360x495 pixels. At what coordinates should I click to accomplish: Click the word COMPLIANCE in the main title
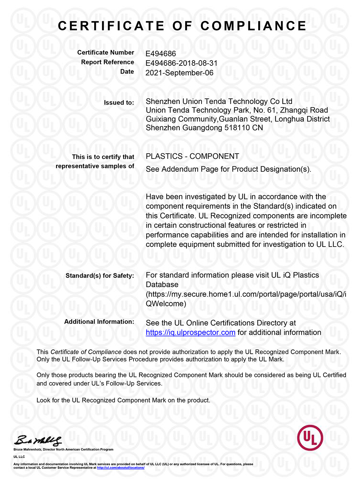click(x=253, y=26)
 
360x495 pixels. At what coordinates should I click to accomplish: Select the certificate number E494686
click(x=161, y=54)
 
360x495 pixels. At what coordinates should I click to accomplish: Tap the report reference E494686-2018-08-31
click(x=181, y=63)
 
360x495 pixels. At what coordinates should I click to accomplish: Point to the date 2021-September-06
click(x=179, y=73)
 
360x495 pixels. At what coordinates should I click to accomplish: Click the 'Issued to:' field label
click(x=119, y=103)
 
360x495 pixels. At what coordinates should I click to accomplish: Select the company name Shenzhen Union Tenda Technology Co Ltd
click(x=219, y=101)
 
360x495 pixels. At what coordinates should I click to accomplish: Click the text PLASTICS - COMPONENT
click(x=192, y=156)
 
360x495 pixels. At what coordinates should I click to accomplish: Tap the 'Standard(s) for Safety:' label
click(x=100, y=276)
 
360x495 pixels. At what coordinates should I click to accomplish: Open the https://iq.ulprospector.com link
click(x=190, y=333)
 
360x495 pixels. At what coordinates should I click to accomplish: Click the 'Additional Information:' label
click(x=99, y=322)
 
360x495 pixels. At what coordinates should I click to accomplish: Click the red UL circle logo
click(x=310, y=437)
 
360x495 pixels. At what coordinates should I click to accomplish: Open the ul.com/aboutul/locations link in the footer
click(x=120, y=468)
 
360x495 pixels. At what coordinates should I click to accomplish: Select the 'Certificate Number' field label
click(x=105, y=53)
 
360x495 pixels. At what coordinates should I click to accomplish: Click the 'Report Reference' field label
click(x=107, y=62)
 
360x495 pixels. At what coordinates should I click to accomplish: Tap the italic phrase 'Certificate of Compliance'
click(x=86, y=352)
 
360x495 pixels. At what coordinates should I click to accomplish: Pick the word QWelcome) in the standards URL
click(x=166, y=304)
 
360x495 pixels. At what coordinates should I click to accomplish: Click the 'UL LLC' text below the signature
click(x=19, y=457)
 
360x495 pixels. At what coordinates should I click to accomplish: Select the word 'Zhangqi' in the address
click(x=293, y=110)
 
